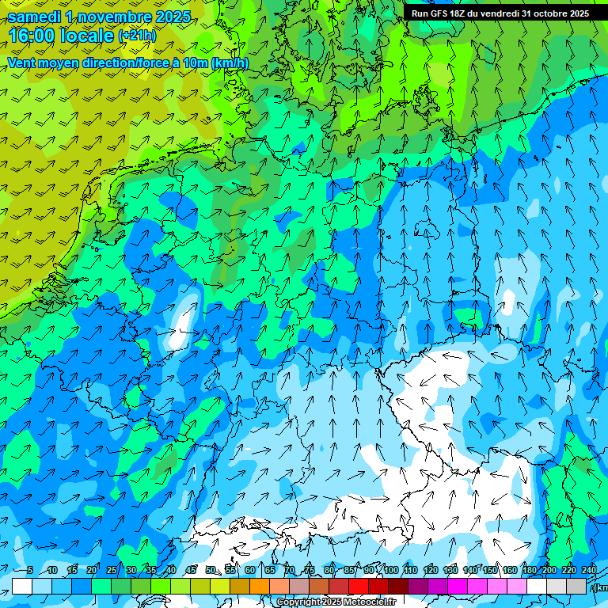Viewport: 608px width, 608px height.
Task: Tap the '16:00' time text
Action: tap(32, 36)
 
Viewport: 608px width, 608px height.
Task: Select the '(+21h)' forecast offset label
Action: tap(137, 36)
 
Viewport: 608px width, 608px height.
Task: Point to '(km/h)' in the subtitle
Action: tap(230, 63)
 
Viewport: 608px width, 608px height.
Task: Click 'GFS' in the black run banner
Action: tap(439, 13)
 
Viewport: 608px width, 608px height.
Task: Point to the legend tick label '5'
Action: tap(30, 571)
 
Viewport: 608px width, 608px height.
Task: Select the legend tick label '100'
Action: tap(391, 571)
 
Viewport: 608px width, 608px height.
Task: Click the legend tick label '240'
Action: tap(589, 571)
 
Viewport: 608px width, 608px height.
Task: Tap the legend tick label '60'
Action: tap(250, 571)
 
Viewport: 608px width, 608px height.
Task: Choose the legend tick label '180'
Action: tap(530, 571)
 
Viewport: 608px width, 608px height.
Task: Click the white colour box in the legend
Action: tap(22, 586)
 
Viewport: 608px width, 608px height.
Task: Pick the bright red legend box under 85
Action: tap(359, 586)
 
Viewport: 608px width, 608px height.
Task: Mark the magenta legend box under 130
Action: tap(458, 586)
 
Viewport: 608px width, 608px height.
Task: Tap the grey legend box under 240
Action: tap(576, 586)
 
